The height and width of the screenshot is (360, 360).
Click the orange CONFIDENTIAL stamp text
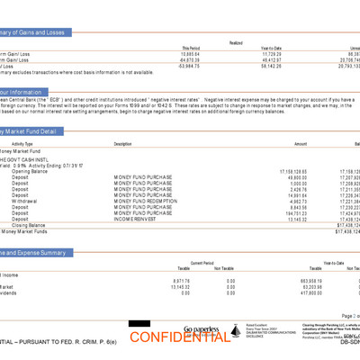pyautogui.click(x=179, y=338)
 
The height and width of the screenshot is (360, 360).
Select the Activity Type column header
pyautogui.click(x=22, y=144)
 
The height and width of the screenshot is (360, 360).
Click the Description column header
pyautogui.click(x=122, y=144)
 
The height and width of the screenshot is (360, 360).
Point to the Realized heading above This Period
pyautogui.click(x=235, y=41)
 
